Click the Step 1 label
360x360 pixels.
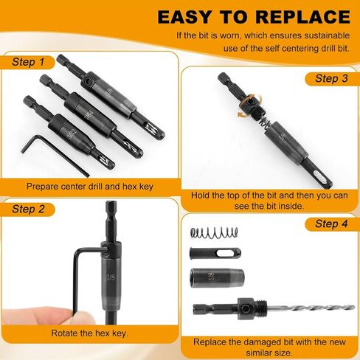tap(28, 62)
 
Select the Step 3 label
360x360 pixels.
tap(331, 78)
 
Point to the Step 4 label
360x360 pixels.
tap(331, 224)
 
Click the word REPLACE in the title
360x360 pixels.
tap(291, 16)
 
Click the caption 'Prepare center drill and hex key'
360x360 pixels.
tap(89, 187)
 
